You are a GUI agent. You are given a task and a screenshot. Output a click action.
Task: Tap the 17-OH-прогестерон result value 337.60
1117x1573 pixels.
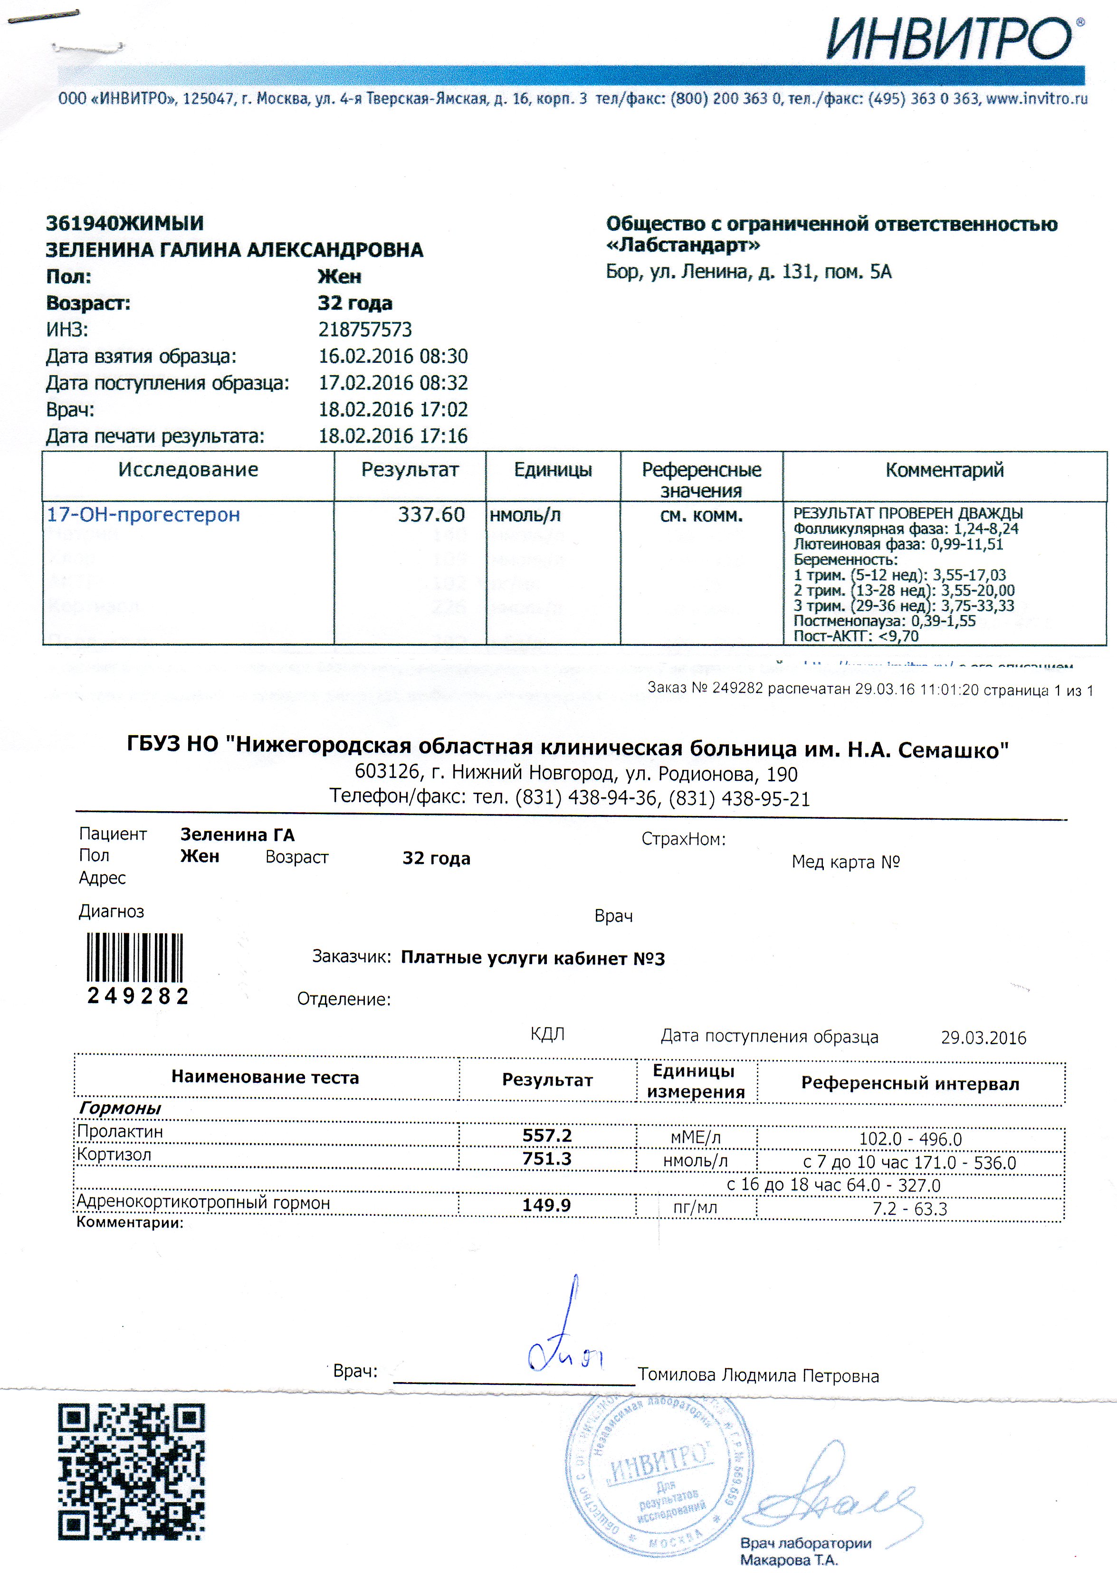[x=431, y=514]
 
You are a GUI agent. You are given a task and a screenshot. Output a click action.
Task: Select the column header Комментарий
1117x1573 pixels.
[x=945, y=470]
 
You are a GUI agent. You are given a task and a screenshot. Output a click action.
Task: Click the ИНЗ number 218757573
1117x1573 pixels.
[x=365, y=330]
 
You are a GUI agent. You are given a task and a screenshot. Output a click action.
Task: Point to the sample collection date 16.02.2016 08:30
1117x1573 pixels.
[x=393, y=356]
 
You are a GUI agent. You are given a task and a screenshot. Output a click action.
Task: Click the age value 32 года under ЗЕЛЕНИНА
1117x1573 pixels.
[x=355, y=303]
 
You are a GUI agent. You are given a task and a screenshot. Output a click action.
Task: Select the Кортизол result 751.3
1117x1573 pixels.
[x=547, y=1159]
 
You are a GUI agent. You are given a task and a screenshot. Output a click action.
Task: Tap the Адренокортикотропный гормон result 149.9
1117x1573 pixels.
[x=547, y=1205]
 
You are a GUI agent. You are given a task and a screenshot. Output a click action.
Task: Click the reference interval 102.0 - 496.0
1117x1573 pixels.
[x=910, y=1139]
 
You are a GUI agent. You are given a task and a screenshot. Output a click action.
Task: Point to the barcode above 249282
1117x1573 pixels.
[x=135, y=957]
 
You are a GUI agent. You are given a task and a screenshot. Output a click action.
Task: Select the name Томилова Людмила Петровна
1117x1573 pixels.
[x=758, y=1376]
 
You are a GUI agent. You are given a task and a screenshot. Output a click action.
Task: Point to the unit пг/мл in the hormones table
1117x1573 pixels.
[x=696, y=1208]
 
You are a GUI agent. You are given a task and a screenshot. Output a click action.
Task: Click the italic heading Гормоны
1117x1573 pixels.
[x=120, y=1108]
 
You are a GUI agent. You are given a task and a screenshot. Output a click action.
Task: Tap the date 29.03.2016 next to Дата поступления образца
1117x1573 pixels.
[x=983, y=1038]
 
